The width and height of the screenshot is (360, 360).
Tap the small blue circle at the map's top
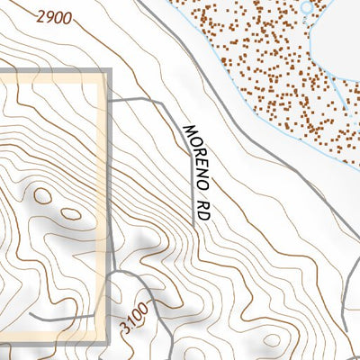(x=307, y=7)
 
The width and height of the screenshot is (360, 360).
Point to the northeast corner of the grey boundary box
(x=107, y=73)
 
